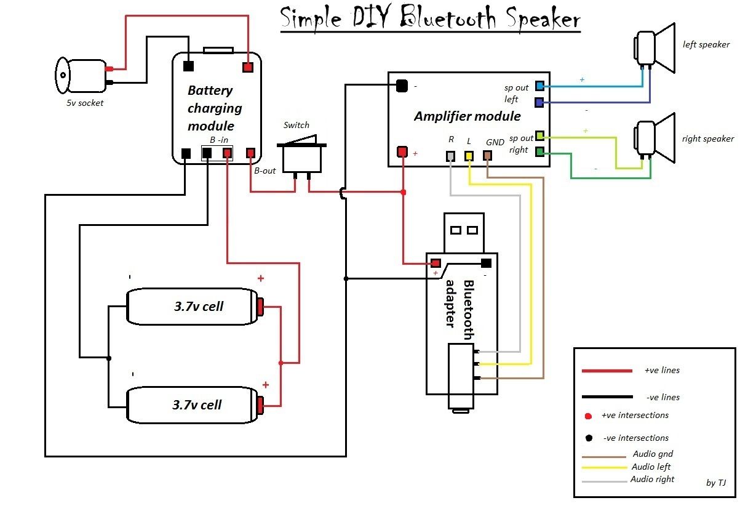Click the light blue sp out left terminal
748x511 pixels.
pos(539,86)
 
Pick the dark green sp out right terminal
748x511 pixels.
pos(539,151)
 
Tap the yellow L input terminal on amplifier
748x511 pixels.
pos(469,156)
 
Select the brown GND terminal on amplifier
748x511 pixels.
pos(487,156)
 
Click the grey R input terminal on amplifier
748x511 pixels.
pos(451,156)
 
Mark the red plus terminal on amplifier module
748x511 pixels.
pos(402,151)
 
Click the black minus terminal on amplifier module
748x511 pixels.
pos(402,86)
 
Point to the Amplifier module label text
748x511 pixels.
pos(467,116)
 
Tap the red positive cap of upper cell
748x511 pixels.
pos(261,305)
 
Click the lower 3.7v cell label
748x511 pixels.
pos(197,404)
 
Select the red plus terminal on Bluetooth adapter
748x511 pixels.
pos(436,263)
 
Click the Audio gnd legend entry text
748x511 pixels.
pos(653,454)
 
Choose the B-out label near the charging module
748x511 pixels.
pos(265,171)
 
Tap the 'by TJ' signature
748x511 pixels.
pos(716,483)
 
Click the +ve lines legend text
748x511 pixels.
pos(662,371)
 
